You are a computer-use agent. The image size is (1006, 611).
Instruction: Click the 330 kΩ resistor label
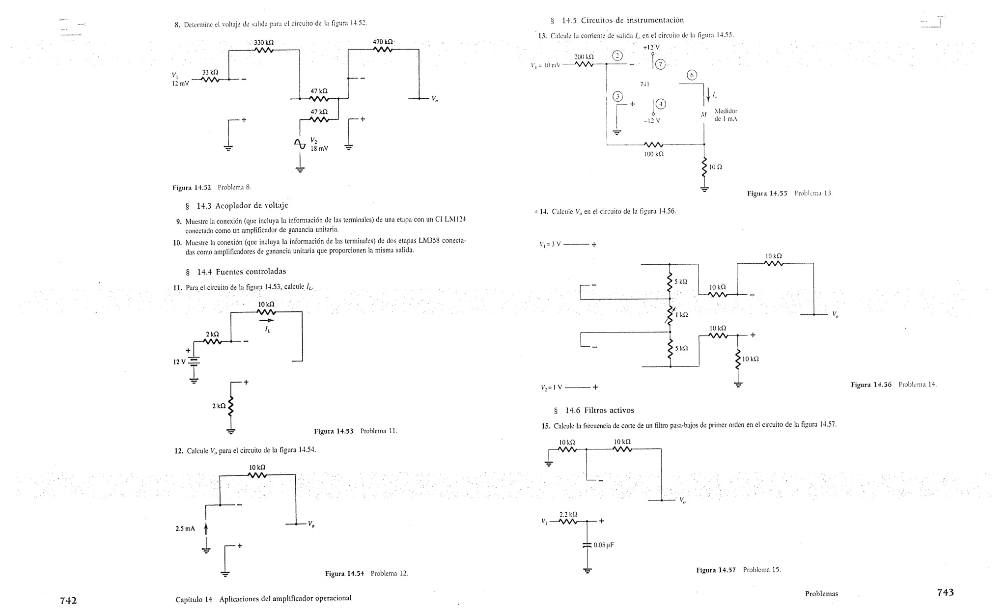[264, 43]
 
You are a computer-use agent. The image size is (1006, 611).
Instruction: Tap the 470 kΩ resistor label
[383, 42]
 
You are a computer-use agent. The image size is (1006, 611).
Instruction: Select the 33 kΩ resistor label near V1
[210, 72]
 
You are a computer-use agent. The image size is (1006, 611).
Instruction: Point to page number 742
[68, 600]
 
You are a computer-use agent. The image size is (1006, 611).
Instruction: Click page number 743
[945, 592]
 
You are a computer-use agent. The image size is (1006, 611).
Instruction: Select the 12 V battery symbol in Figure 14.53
[195, 362]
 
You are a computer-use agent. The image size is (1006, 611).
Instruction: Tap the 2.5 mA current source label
[185, 528]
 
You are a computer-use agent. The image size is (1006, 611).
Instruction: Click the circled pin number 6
[692, 75]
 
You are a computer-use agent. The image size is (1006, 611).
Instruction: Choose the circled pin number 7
[660, 64]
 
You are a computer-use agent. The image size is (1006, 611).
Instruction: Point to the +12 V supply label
[651, 47]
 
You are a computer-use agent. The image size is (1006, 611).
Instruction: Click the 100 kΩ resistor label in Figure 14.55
[654, 154]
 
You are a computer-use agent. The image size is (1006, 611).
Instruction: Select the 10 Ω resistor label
[716, 167]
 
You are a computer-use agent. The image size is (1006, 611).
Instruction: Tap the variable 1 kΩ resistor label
[681, 315]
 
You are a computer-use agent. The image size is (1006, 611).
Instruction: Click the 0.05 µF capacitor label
[604, 545]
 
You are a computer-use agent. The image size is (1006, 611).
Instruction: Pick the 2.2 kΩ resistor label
[568, 514]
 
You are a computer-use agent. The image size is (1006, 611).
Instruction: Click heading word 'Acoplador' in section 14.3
[238, 205]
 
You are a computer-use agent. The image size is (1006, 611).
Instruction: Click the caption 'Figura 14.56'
[871, 385]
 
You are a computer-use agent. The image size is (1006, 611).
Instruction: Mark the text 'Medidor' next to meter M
[726, 111]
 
